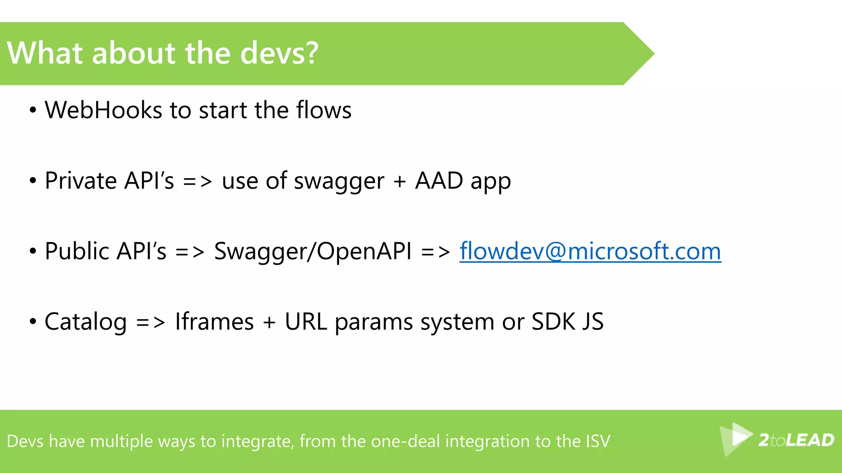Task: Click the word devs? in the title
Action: click(279, 53)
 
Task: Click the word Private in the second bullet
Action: click(81, 181)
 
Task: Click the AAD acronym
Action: click(439, 181)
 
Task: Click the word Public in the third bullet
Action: click(76, 251)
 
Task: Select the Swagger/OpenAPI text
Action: click(312, 251)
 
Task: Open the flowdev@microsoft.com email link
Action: click(590, 251)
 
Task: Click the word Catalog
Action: click(86, 322)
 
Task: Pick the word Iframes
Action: click(214, 321)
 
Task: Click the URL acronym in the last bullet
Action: click(306, 321)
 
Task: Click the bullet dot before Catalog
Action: click(33, 322)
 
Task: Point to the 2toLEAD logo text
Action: click(796, 440)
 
